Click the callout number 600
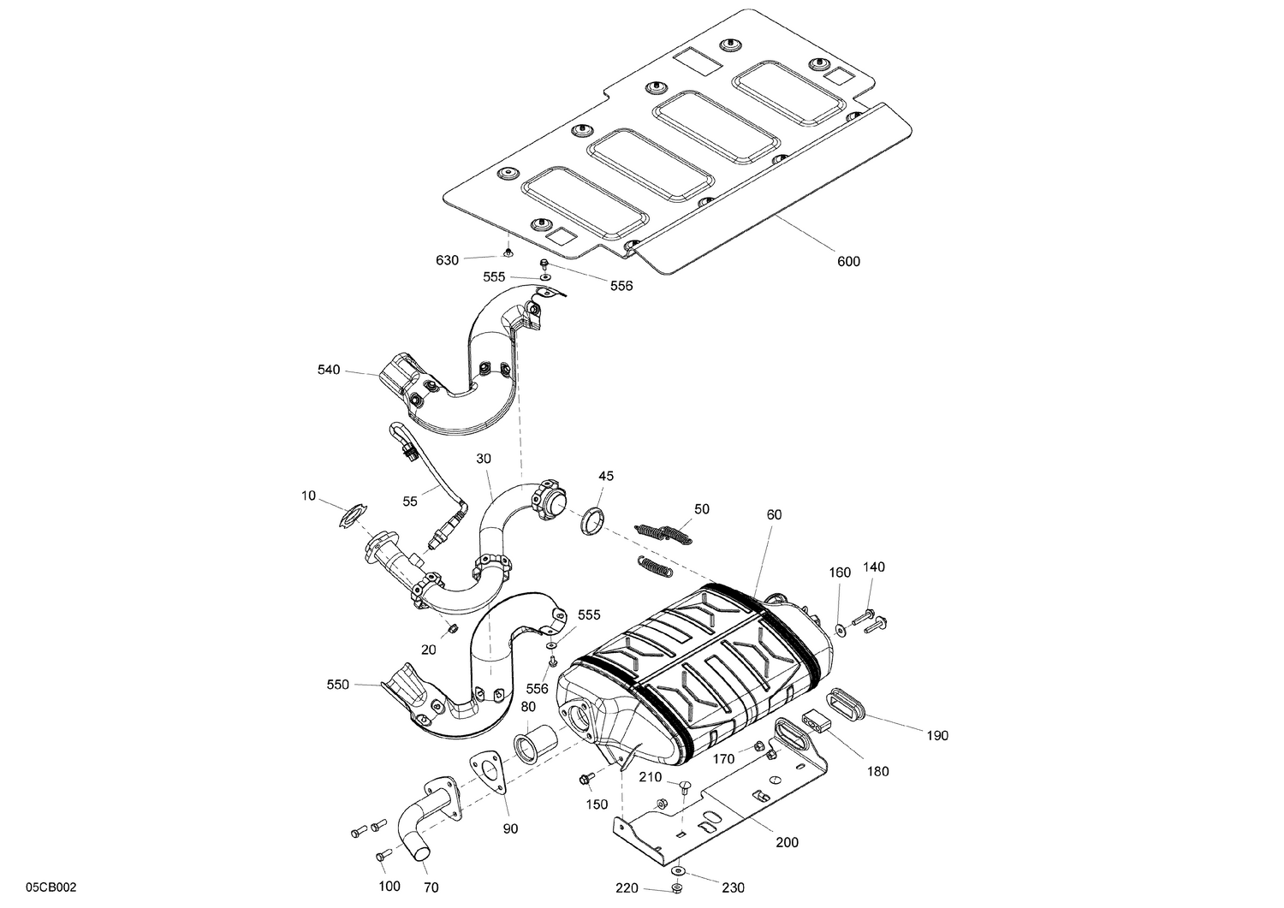pyautogui.click(x=847, y=261)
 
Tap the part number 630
pyautogui.click(x=448, y=259)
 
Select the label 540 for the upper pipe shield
pyautogui.click(x=329, y=370)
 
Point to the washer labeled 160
pyautogui.click(x=841, y=630)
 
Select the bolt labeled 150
pyautogui.click(x=586, y=777)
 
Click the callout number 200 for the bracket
pyautogui.click(x=787, y=842)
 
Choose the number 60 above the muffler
pyautogui.click(x=774, y=514)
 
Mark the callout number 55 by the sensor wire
pyautogui.click(x=410, y=501)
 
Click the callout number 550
pyautogui.click(x=338, y=684)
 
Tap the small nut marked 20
pyautogui.click(x=453, y=631)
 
